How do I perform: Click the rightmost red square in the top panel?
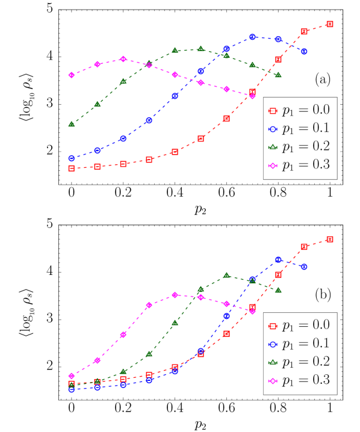[329, 24]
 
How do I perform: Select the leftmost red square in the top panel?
[71, 168]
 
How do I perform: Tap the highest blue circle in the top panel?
[252, 37]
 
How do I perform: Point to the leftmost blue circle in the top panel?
[71, 158]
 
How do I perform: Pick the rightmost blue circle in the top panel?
[304, 52]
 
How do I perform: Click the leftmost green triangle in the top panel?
[71, 124]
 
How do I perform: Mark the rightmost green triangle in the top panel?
[278, 75]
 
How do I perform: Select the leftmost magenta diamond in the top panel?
[71, 75]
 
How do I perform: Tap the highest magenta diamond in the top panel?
[123, 59]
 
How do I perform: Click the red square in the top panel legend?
[273, 111]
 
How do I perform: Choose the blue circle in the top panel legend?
[273, 129]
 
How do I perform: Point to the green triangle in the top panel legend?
[273, 147]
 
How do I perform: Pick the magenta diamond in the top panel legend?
[273, 165]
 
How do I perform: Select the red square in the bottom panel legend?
[273, 326]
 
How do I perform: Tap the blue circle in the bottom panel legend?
[273, 344]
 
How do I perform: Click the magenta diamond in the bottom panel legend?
[273, 381]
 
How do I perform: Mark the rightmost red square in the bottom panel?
[329, 239]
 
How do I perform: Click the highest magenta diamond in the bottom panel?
[175, 295]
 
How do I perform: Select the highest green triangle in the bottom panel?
[226, 275]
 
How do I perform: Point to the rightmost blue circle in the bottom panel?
[304, 267]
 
